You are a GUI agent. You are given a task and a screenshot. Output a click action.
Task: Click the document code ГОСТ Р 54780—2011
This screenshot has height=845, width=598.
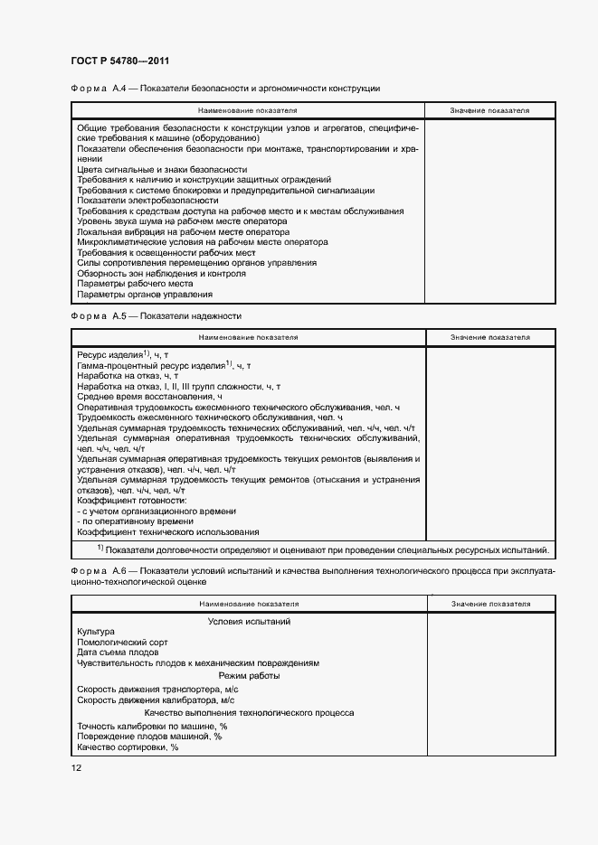121,61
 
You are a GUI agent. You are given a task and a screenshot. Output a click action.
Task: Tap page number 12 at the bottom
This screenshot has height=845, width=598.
76,767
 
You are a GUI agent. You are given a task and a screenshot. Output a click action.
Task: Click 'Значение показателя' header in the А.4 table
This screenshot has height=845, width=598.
489,110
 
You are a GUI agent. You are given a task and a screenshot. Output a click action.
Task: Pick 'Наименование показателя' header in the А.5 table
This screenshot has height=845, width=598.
248,337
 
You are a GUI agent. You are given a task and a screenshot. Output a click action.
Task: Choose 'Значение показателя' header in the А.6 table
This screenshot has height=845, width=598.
489,603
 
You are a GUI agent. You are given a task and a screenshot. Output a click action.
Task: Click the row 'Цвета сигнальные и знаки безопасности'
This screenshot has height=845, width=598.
162,169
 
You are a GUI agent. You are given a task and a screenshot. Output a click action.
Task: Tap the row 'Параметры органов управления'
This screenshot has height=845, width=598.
145,294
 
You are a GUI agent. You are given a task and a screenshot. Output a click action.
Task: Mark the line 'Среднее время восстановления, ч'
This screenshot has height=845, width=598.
149,397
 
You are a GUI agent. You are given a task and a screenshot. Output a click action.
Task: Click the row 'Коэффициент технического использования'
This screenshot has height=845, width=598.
168,532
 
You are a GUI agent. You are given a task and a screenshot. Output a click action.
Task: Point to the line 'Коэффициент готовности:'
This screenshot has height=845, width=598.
132,501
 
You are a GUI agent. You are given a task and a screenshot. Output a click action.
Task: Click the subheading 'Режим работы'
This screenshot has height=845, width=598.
249,676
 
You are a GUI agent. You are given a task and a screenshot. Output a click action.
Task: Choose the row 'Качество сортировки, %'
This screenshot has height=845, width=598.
128,747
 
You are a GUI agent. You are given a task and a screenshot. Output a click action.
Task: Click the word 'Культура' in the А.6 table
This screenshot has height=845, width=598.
96,632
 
